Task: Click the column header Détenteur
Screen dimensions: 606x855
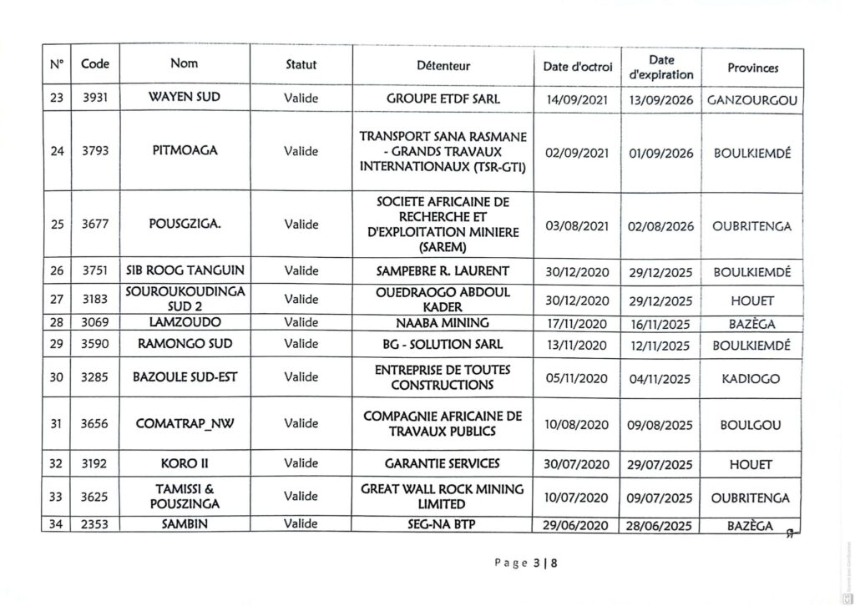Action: pos(443,65)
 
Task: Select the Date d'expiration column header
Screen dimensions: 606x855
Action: pos(661,67)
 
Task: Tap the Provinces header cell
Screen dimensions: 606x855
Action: pos(752,67)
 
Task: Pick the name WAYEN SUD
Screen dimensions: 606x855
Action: pos(184,97)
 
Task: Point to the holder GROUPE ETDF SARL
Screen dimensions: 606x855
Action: pos(443,98)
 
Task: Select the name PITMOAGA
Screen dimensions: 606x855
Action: pos(184,151)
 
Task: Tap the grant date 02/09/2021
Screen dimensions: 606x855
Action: pos(576,154)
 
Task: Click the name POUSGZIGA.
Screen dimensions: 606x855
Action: pos(185,224)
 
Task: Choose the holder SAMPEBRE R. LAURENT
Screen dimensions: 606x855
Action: pos(443,271)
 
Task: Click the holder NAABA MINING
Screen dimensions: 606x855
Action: pos(443,321)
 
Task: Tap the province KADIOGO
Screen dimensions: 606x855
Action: pos(751,379)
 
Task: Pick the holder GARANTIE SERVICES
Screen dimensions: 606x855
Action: pos(443,463)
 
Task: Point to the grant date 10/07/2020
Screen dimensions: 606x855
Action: pos(576,497)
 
